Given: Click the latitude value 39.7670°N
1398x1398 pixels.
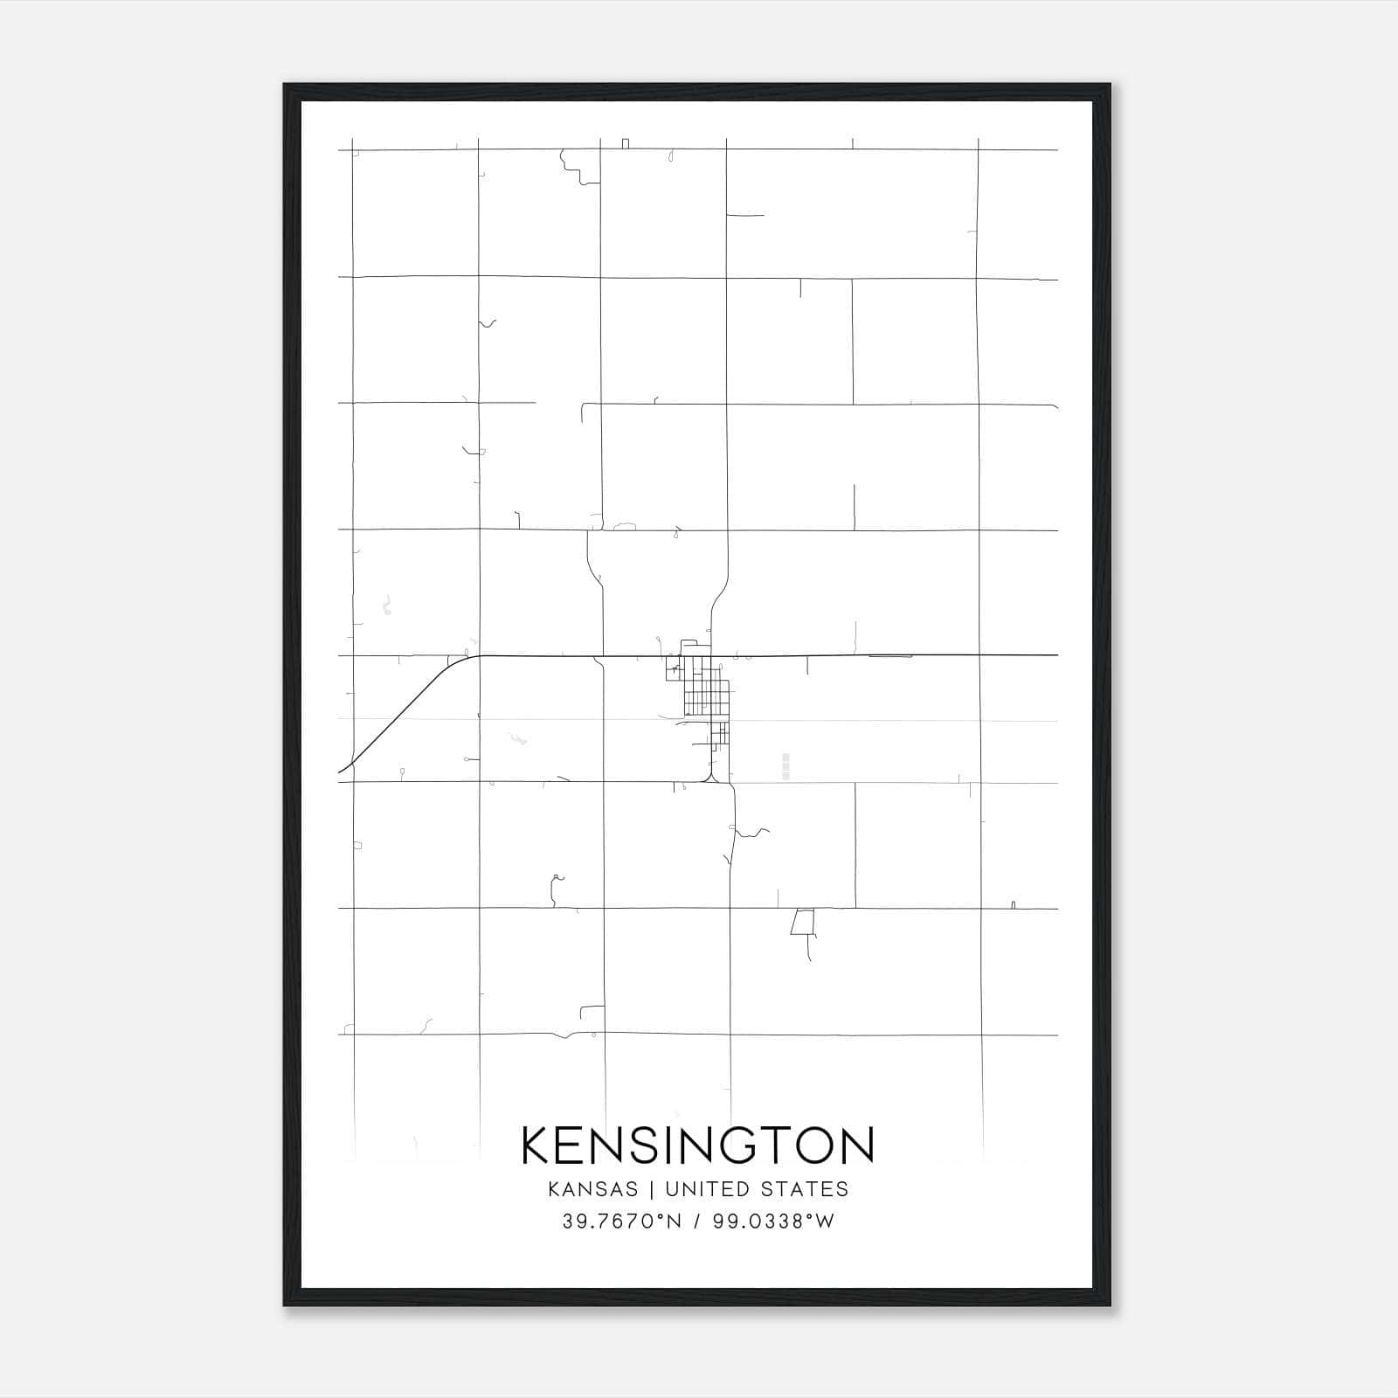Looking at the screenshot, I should pyautogui.click(x=620, y=1222).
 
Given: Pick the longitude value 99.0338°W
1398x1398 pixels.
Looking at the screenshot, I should pyautogui.click(x=773, y=1222).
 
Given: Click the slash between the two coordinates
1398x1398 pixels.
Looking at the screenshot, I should pyautogui.click(x=697, y=1222).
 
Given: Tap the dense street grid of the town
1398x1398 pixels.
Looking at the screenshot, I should pyautogui.click(x=703, y=695).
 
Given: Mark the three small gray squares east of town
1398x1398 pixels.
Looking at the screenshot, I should pyautogui.click(x=786, y=765).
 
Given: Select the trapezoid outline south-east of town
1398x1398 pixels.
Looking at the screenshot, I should pyautogui.click(x=802, y=922).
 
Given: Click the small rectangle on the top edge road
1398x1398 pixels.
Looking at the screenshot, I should pyautogui.click(x=626, y=143).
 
